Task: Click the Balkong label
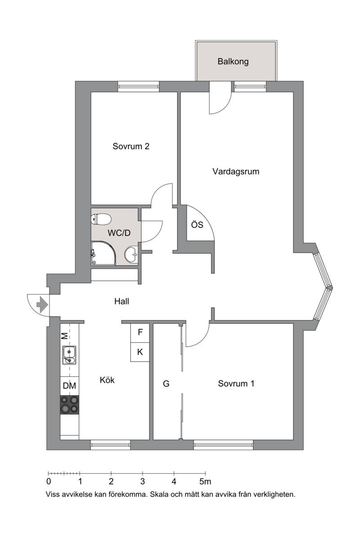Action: pyautogui.click(x=233, y=62)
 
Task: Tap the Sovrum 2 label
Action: pyautogui.click(x=131, y=146)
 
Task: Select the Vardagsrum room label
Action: pyautogui.click(x=236, y=172)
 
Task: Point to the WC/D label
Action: pyautogui.click(x=119, y=233)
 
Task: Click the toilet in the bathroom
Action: pyautogui.click(x=101, y=219)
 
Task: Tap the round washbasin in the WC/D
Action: pyautogui.click(x=130, y=255)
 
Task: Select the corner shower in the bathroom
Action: pyautogui.click(x=103, y=253)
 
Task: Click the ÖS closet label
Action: pyautogui.click(x=197, y=225)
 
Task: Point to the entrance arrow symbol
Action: pyautogui.click(x=42, y=305)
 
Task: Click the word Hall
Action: pyautogui.click(x=121, y=301)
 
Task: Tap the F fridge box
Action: pyautogui.click(x=140, y=333)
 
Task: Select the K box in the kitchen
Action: pyautogui.click(x=140, y=352)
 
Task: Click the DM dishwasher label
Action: pyautogui.click(x=69, y=386)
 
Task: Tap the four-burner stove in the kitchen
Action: pyautogui.click(x=69, y=405)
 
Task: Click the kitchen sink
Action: pyautogui.click(x=69, y=355)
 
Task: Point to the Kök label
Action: pyautogui.click(x=107, y=380)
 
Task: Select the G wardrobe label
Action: pyautogui.click(x=166, y=384)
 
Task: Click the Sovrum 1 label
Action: pyautogui.click(x=236, y=384)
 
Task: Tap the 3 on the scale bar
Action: pyautogui.click(x=143, y=482)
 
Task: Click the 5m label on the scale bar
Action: pyautogui.click(x=205, y=482)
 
